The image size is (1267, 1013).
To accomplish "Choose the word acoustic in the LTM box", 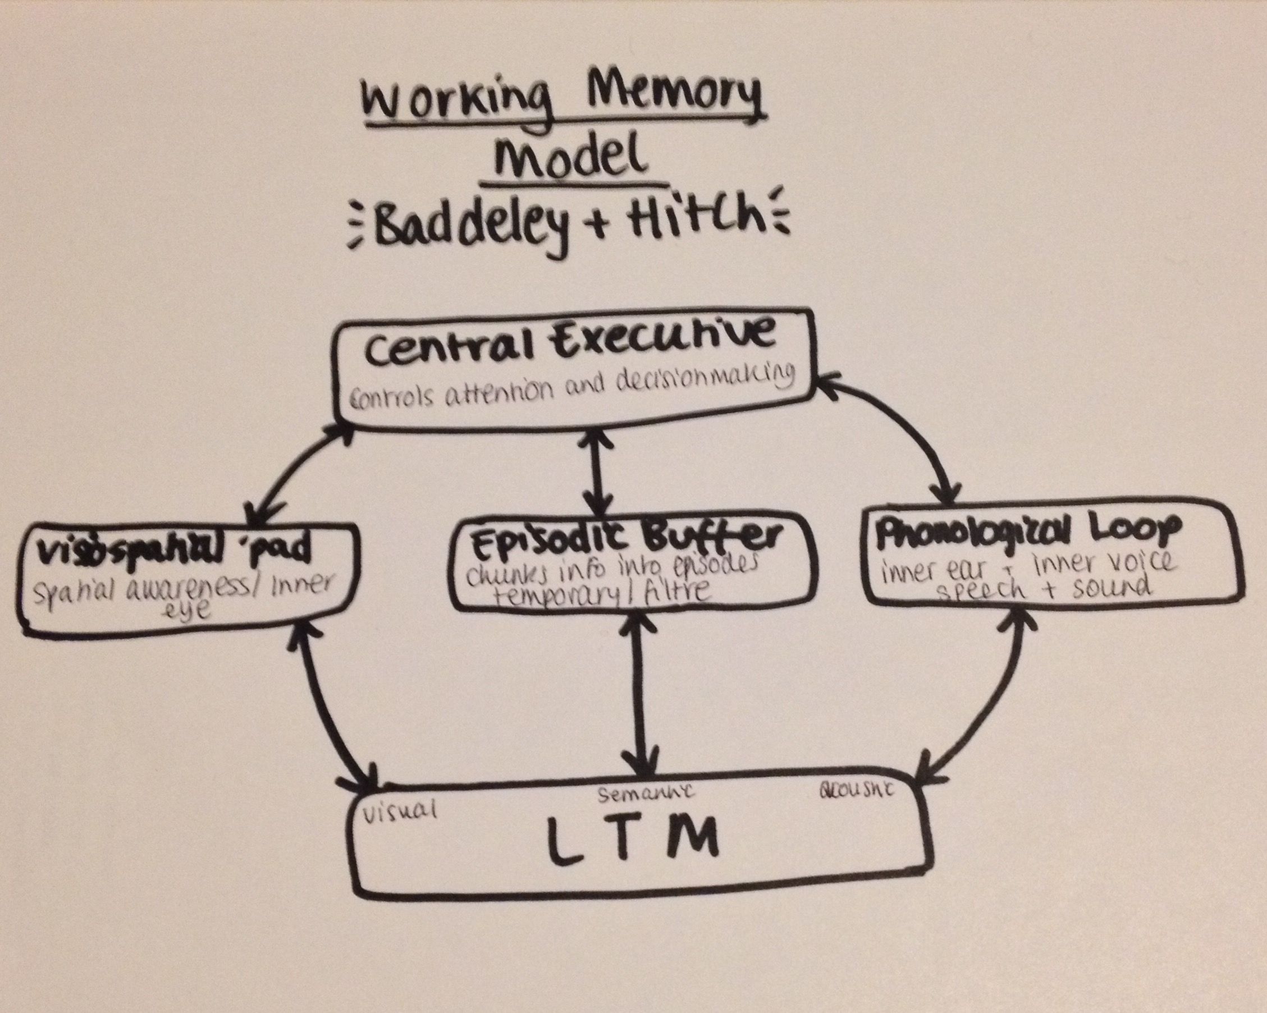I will (856, 790).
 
